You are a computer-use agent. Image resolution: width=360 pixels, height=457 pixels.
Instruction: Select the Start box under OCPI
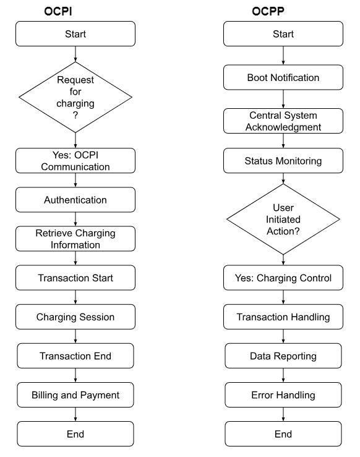point(75,34)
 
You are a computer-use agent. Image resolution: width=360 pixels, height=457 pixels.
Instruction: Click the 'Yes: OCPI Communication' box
point(75,161)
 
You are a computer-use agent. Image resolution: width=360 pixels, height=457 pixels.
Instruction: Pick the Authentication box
point(75,200)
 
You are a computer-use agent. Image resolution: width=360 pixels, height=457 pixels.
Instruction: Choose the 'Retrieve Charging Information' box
point(75,239)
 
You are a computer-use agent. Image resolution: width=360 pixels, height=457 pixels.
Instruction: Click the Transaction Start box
point(75,278)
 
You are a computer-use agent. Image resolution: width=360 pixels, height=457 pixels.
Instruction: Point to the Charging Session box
point(75,317)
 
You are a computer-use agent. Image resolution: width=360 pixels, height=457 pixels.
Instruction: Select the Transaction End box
point(75,356)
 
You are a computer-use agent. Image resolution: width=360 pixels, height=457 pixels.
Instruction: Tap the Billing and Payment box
point(75,395)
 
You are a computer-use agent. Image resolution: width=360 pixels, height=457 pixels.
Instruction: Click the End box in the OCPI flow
point(75,434)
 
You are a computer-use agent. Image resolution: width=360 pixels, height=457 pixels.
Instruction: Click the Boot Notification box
point(283,78)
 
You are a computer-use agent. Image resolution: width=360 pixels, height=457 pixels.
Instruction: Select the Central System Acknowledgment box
point(283,121)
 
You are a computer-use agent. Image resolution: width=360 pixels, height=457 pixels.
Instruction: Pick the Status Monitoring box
point(283,161)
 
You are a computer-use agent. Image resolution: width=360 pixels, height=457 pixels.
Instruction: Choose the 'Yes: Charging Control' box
point(283,278)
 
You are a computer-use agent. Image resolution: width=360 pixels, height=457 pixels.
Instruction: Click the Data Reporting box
point(283,356)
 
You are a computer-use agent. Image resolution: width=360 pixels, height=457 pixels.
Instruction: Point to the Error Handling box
point(283,395)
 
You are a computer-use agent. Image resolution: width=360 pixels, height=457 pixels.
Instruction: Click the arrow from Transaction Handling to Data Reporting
point(283,336)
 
